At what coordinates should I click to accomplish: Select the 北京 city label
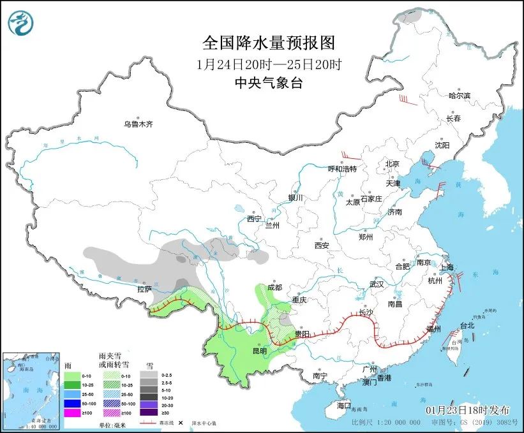click(x=392, y=164)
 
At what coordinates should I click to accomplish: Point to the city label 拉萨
click(x=144, y=289)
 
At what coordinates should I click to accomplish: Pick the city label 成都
click(x=274, y=287)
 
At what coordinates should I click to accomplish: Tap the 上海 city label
click(x=446, y=267)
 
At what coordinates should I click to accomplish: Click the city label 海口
click(x=344, y=406)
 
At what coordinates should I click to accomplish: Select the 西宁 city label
click(x=254, y=219)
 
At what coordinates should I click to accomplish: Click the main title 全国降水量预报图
click(x=268, y=43)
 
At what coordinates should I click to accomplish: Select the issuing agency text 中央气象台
click(x=268, y=82)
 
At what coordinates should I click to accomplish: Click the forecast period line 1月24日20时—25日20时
click(x=268, y=64)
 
